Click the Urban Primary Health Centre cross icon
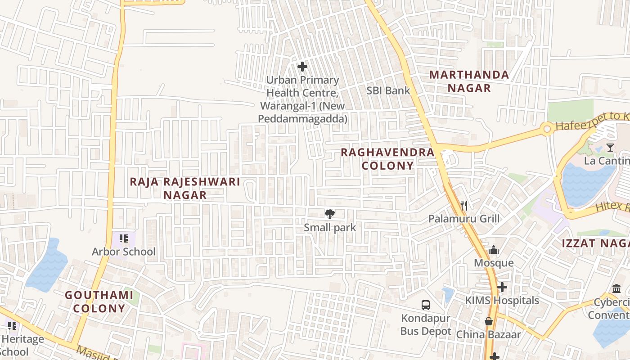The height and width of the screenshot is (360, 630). (x=302, y=67)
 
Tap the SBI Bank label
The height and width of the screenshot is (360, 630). (x=388, y=90)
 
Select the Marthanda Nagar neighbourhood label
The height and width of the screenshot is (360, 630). (x=469, y=81)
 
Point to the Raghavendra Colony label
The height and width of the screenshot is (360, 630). (x=387, y=159)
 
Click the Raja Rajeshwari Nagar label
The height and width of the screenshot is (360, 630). (x=185, y=188)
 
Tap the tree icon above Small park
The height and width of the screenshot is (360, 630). (x=330, y=214)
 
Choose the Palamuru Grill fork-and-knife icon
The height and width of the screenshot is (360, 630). (x=464, y=206)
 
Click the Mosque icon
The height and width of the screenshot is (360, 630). (x=494, y=250)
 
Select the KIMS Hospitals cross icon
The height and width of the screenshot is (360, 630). (x=502, y=287)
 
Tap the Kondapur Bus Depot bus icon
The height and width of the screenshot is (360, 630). (x=426, y=305)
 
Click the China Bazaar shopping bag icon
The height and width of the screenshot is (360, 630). (x=488, y=321)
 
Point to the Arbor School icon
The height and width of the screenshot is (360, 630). (x=124, y=238)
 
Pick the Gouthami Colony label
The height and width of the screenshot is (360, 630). (x=99, y=301)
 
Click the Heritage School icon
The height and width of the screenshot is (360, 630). (x=12, y=325)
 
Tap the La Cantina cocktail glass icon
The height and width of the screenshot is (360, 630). (x=610, y=147)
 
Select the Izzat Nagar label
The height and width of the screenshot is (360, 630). (x=595, y=243)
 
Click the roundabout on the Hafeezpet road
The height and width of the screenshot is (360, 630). (x=547, y=130)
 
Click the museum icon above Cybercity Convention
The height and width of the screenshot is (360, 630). (x=616, y=288)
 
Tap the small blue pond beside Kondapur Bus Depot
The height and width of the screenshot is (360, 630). (x=448, y=295)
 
